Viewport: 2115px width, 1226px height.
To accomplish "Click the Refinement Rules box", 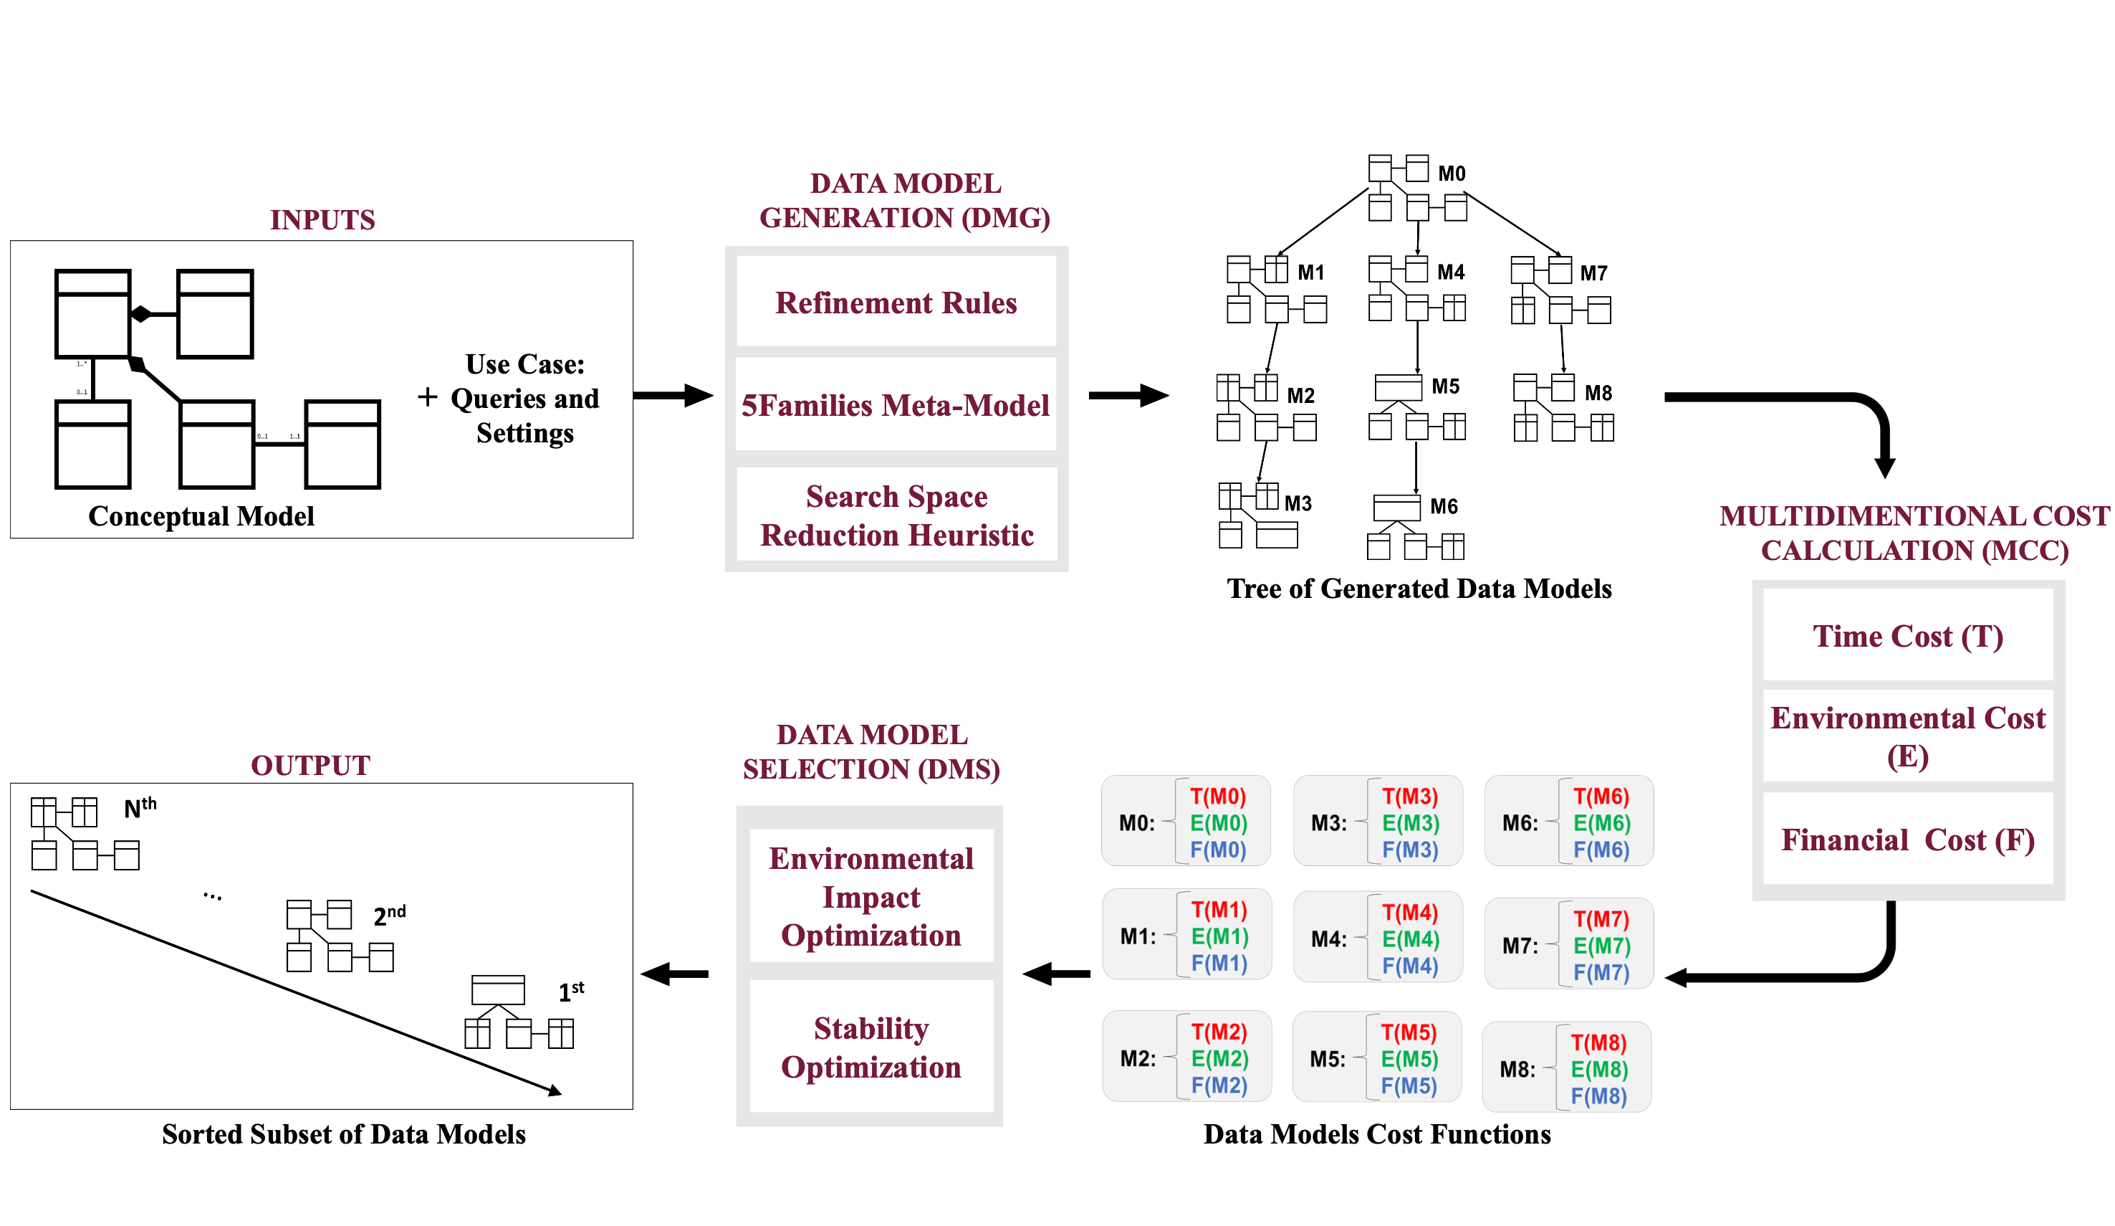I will [x=896, y=303].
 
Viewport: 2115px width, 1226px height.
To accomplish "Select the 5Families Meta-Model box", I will [x=896, y=405].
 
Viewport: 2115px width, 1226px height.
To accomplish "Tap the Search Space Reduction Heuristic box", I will [x=896, y=515].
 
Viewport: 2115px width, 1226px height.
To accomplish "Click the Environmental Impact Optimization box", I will [x=871, y=896].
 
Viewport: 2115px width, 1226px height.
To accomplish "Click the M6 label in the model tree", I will [x=1444, y=506].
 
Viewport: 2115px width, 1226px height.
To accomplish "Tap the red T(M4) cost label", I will [x=1410, y=912].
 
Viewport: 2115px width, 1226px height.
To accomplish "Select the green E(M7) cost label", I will [x=1601, y=946].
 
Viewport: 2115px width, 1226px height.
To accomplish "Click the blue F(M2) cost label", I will [x=1219, y=1085].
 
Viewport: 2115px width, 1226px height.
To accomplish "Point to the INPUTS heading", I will [x=322, y=219].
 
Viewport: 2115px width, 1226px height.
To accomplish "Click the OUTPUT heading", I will [x=310, y=765].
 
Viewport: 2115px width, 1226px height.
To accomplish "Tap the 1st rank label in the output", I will [x=571, y=992].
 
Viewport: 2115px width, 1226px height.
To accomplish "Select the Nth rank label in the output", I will [x=139, y=808].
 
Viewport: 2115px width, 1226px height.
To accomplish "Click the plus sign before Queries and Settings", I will [x=427, y=396].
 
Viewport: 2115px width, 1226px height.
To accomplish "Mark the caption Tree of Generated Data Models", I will [x=1419, y=588].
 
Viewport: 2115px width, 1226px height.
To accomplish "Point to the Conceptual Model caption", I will [x=201, y=515].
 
